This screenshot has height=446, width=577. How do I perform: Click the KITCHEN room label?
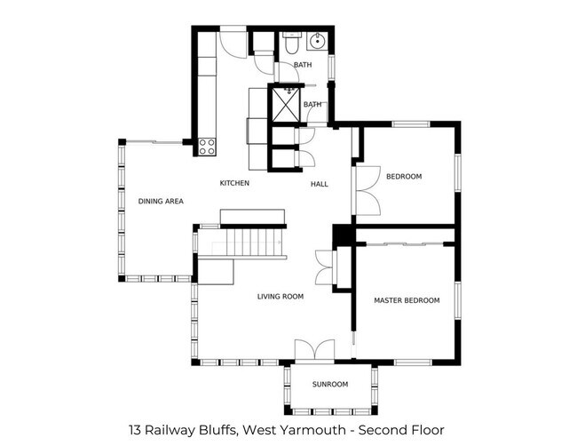234,183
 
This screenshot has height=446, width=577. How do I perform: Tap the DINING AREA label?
161,201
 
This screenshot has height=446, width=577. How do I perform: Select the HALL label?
320,184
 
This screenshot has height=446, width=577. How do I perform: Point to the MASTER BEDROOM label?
407,300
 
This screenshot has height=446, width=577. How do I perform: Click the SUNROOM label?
330,385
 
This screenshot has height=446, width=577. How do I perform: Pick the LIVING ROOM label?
281,297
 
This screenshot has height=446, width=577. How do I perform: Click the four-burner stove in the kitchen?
207,147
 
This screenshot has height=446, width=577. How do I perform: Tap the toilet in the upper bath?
292,42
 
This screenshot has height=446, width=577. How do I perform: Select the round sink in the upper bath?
317,41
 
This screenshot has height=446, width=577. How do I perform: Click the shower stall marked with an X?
286,104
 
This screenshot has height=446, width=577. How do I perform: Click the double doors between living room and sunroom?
314,349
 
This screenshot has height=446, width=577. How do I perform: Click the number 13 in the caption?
135,430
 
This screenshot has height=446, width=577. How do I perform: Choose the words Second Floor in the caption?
401,430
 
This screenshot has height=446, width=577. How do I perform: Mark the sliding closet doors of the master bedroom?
407,243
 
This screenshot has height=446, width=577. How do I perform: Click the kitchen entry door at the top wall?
233,43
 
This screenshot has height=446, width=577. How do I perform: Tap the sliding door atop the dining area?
154,142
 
